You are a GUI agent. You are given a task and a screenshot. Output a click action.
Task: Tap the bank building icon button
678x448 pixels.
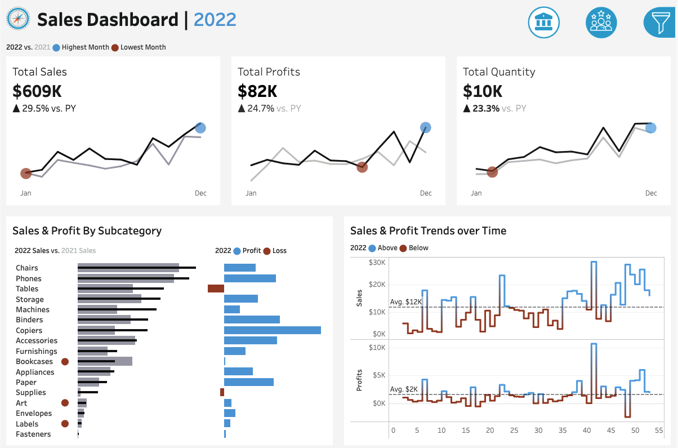click(543, 23)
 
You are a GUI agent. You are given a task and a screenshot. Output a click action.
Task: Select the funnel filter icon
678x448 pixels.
click(660, 23)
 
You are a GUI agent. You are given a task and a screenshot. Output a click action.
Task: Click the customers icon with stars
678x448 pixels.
click(601, 23)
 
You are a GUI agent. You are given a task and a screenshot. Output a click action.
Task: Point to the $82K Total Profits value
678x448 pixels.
click(257, 91)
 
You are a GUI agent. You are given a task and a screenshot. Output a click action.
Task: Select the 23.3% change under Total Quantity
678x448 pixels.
click(485, 108)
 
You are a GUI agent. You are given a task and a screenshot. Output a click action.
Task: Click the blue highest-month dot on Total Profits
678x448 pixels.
click(425, 128)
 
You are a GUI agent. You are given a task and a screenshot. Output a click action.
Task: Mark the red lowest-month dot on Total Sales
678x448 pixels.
click(26, 174)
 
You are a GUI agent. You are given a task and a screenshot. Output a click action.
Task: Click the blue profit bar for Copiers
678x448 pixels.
click(273, 330)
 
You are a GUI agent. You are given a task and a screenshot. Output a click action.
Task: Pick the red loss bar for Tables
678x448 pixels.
click(216, 289)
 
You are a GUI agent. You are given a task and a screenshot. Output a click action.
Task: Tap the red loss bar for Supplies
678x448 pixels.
click(222, 392)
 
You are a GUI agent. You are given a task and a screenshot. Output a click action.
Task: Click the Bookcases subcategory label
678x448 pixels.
click(34, 362)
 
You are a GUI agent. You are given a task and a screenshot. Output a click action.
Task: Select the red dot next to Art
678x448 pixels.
click(65, 403)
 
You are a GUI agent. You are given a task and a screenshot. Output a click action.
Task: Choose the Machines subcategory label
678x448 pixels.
click(33, 309)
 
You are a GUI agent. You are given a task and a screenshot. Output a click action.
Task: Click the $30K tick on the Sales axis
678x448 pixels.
click(377, 263)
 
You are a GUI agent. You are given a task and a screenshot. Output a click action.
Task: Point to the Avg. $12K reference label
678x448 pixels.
click(405, 301)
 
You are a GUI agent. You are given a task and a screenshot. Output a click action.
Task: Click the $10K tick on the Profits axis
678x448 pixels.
click(377, 348)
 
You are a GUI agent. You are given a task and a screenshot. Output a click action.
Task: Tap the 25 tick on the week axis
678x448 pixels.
click(514, 431)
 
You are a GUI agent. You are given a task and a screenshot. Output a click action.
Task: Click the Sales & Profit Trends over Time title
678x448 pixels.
click(428, 230)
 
